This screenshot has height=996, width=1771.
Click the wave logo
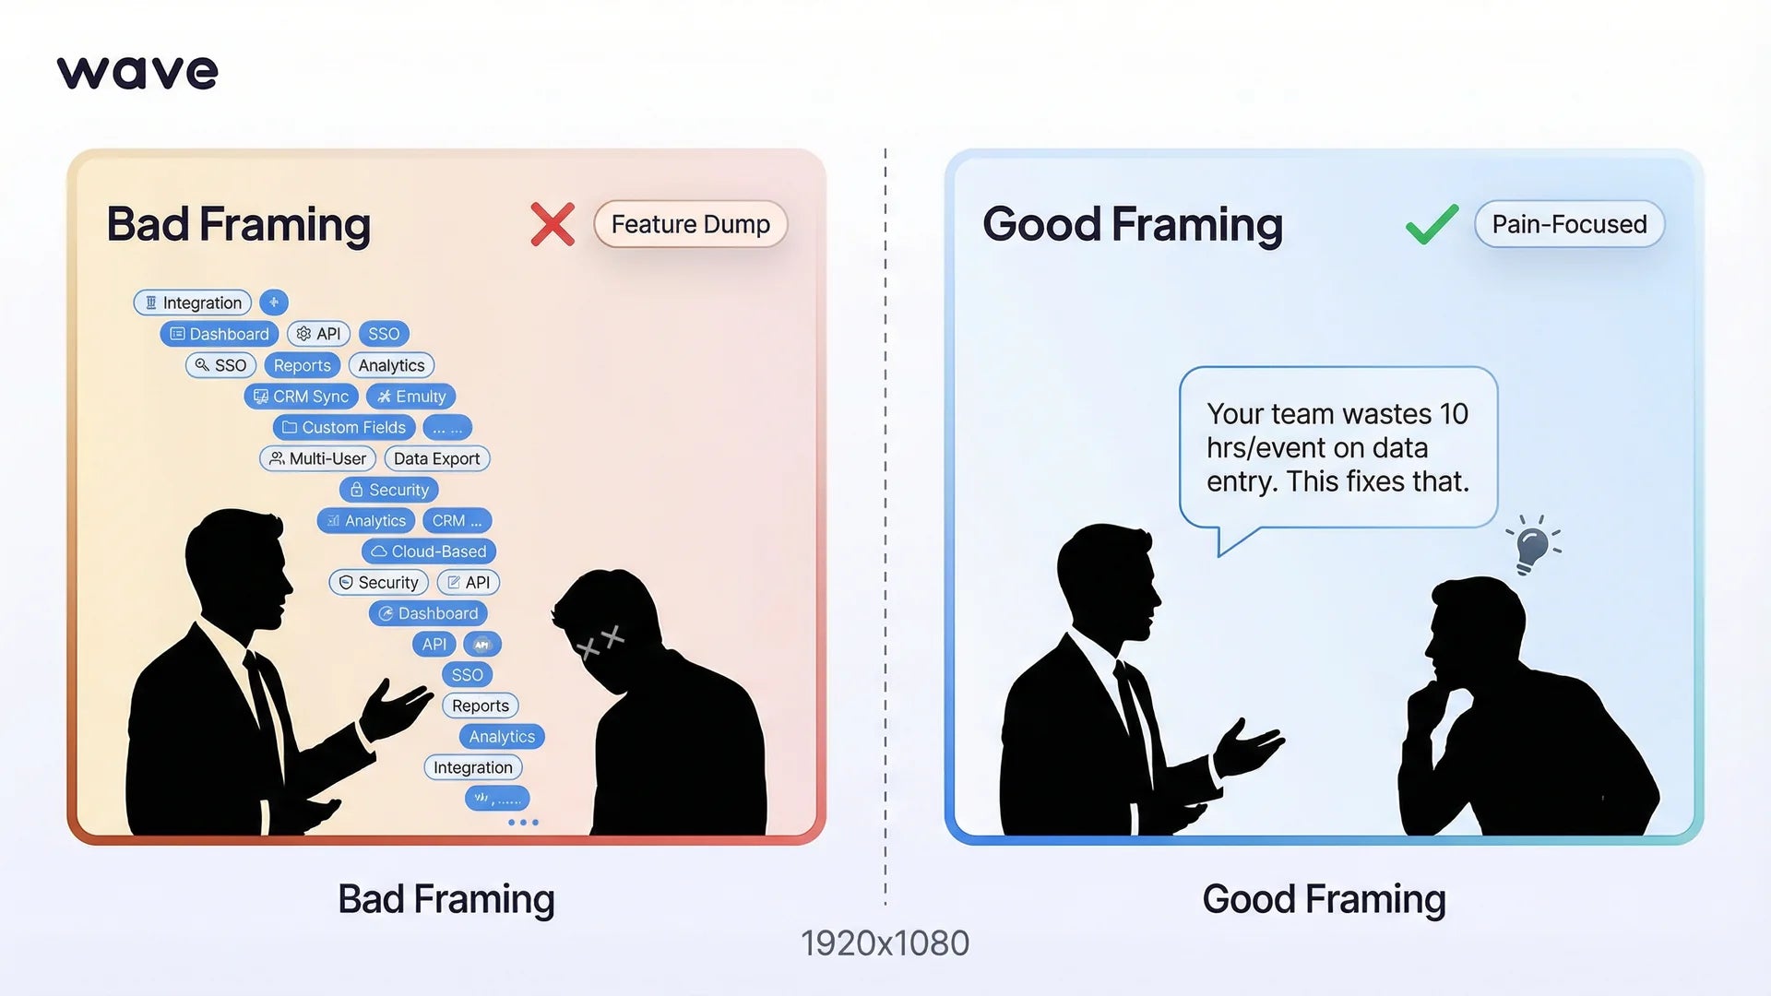click(x=137, y=72)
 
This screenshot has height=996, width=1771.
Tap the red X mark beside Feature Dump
click(x=553, y=224)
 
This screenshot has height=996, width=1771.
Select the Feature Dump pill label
click(x=690, y=224)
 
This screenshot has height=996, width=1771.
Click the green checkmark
click(x=1432, y=224)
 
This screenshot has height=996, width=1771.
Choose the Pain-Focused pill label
click(x=1569, y=224)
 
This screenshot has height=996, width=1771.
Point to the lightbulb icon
click(x=1531, y=546)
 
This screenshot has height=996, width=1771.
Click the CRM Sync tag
click(x=301, y=397)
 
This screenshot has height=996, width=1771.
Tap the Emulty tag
click(x=410, y=397)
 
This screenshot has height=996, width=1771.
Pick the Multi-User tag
click(x=317, y=458)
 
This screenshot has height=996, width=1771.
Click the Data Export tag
click(x=436, y=458)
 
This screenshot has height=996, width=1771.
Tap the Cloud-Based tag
click(x=428, y=551)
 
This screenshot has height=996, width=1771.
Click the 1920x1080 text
click(x=885, y=943)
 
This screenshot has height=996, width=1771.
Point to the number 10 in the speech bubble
click(x=1453, y=414)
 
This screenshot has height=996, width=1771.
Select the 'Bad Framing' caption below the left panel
click(x=446, y=899)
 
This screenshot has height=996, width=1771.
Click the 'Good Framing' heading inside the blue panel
click(x=1133, y=224)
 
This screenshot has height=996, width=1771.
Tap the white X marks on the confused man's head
click(x=600, y=641)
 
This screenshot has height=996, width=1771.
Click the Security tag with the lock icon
click(x=388, y=490)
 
